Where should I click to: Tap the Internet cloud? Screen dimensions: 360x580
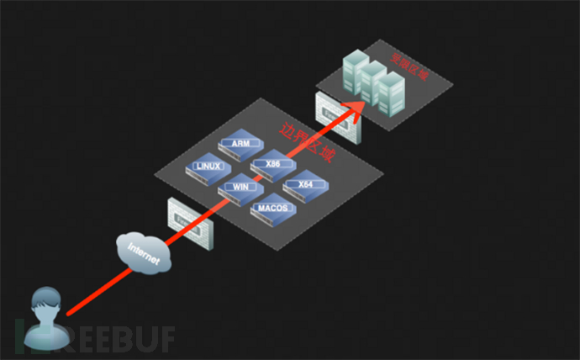145,251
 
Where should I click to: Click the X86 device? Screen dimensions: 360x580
272,165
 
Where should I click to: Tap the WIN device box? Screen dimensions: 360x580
240,188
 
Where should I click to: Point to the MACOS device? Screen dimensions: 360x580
272,209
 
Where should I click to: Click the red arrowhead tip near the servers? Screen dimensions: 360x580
364,102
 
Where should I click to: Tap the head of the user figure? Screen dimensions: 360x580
44,300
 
